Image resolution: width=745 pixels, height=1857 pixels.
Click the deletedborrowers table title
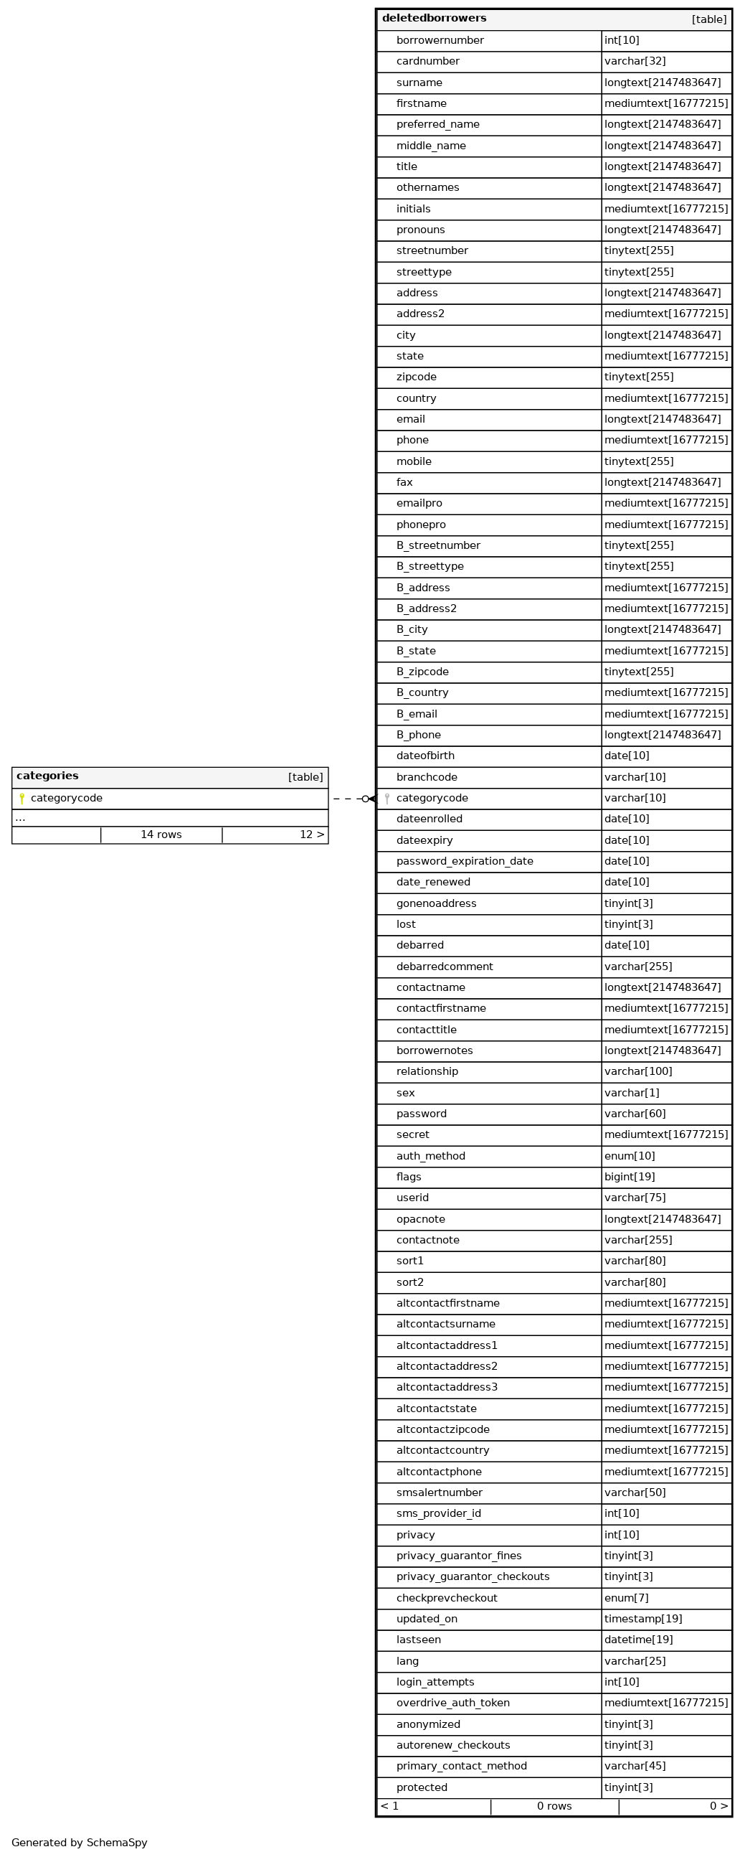(434, 19)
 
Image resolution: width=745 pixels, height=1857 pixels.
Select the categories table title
(47, 776)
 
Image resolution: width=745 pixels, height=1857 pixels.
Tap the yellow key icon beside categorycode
(22, 799)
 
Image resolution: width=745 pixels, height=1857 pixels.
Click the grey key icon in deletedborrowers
(387, 799)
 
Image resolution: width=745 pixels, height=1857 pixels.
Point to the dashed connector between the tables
(348, 799)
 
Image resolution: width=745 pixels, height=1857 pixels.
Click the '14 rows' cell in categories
(161, 835)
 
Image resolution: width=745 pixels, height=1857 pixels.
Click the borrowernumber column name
(440, 41)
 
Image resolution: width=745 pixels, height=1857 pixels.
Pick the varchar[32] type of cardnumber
(635, 62)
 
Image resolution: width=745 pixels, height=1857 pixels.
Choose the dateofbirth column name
(425, 756)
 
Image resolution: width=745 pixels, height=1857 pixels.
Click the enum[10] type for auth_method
(630, 1156)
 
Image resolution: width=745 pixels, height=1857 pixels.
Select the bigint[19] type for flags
(630, 1177)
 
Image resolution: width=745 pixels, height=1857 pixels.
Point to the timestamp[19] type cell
(642, 1619)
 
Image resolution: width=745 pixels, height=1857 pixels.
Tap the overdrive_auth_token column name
(452, 1703)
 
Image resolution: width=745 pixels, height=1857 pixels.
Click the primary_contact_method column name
(461, 1766)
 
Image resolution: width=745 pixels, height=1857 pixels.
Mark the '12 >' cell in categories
(312, 835)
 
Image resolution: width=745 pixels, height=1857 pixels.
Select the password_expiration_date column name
(465, 862)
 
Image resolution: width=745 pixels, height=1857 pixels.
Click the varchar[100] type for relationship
(638, 1072)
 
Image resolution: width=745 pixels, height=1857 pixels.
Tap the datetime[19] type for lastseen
(638, 1640)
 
